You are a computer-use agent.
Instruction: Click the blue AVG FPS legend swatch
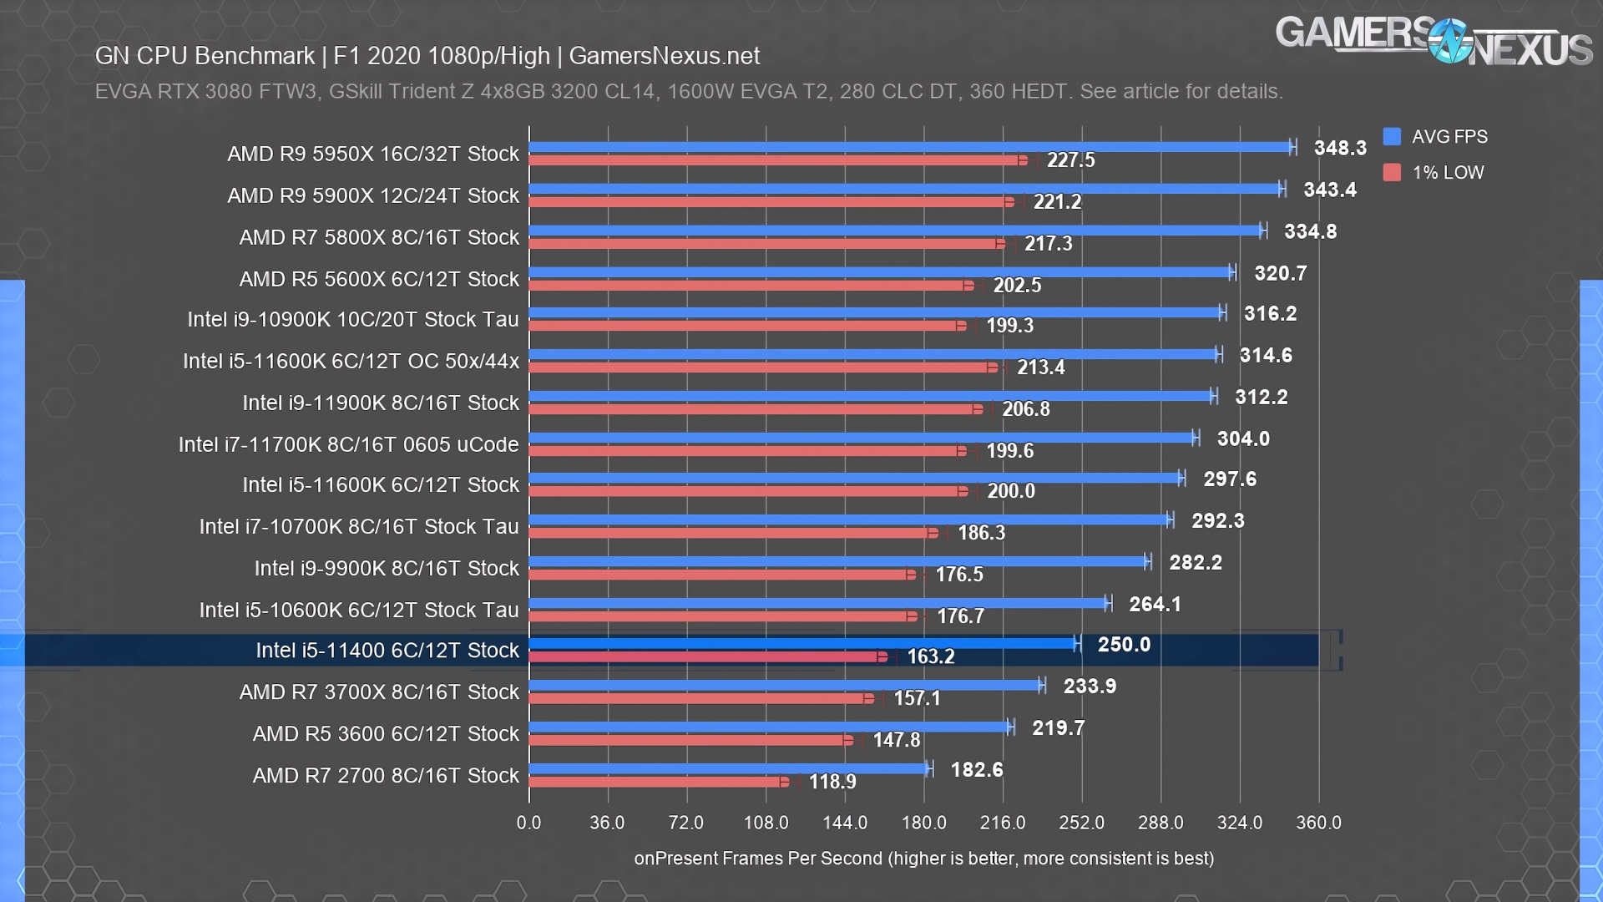coord(1391,136)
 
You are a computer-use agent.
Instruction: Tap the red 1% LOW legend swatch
coord(1391,172)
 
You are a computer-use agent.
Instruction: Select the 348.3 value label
coord(1340,148)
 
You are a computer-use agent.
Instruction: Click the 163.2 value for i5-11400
coord(930,656)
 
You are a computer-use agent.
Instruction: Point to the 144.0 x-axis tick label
coord(845,823)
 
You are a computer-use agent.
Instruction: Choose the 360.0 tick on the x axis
coord(1318,823)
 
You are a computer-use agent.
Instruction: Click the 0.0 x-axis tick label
coord(528,823)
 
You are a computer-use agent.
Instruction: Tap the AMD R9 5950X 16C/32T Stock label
coord(373,154)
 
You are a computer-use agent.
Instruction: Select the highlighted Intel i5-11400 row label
coord(387,650)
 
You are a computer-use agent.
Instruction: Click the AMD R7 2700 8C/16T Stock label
coord(386,775)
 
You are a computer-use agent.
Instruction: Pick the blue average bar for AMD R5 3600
coord(768,727)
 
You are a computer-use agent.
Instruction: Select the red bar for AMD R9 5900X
coord(768,202)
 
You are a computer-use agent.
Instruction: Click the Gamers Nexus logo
coord(1434,42)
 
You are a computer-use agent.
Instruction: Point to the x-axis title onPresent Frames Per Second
coord(923,858)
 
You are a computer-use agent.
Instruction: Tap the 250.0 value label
coord(1124,644)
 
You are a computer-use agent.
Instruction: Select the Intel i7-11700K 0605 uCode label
coord(348,444)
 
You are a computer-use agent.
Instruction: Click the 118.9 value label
coord(832,782)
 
